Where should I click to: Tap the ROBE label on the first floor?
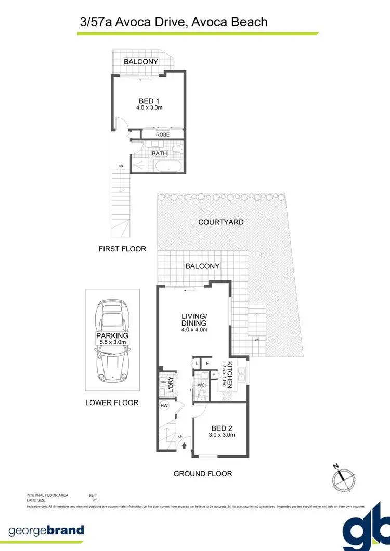coord(163,135)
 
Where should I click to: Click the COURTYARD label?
coord(221,222)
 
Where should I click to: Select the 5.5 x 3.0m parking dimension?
coord(112,342)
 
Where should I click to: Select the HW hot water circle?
coord(164,405)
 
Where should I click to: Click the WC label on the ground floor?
coord(201,386)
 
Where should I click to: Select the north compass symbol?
coord(343,475)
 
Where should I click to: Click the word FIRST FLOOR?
coord(122,249)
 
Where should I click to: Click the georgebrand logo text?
coord(46,530)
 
